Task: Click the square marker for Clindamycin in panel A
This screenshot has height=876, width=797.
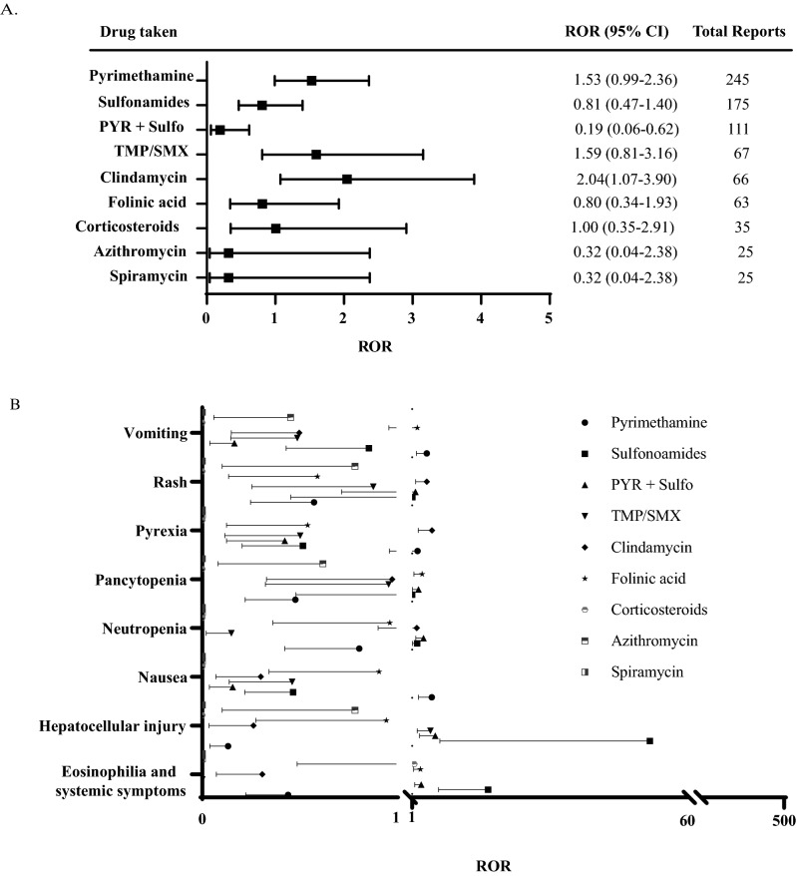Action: pos(346,180)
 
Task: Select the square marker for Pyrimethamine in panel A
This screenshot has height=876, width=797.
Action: pos(311,81)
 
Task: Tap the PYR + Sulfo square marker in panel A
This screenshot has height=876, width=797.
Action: pos(219,130)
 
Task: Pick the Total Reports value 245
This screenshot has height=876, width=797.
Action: pos(737,79)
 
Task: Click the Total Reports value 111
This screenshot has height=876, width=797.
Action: pos(737,130)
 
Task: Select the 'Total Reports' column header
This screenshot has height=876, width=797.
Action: pos(738,32)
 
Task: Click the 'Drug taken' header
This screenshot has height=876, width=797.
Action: pos(139,32)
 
